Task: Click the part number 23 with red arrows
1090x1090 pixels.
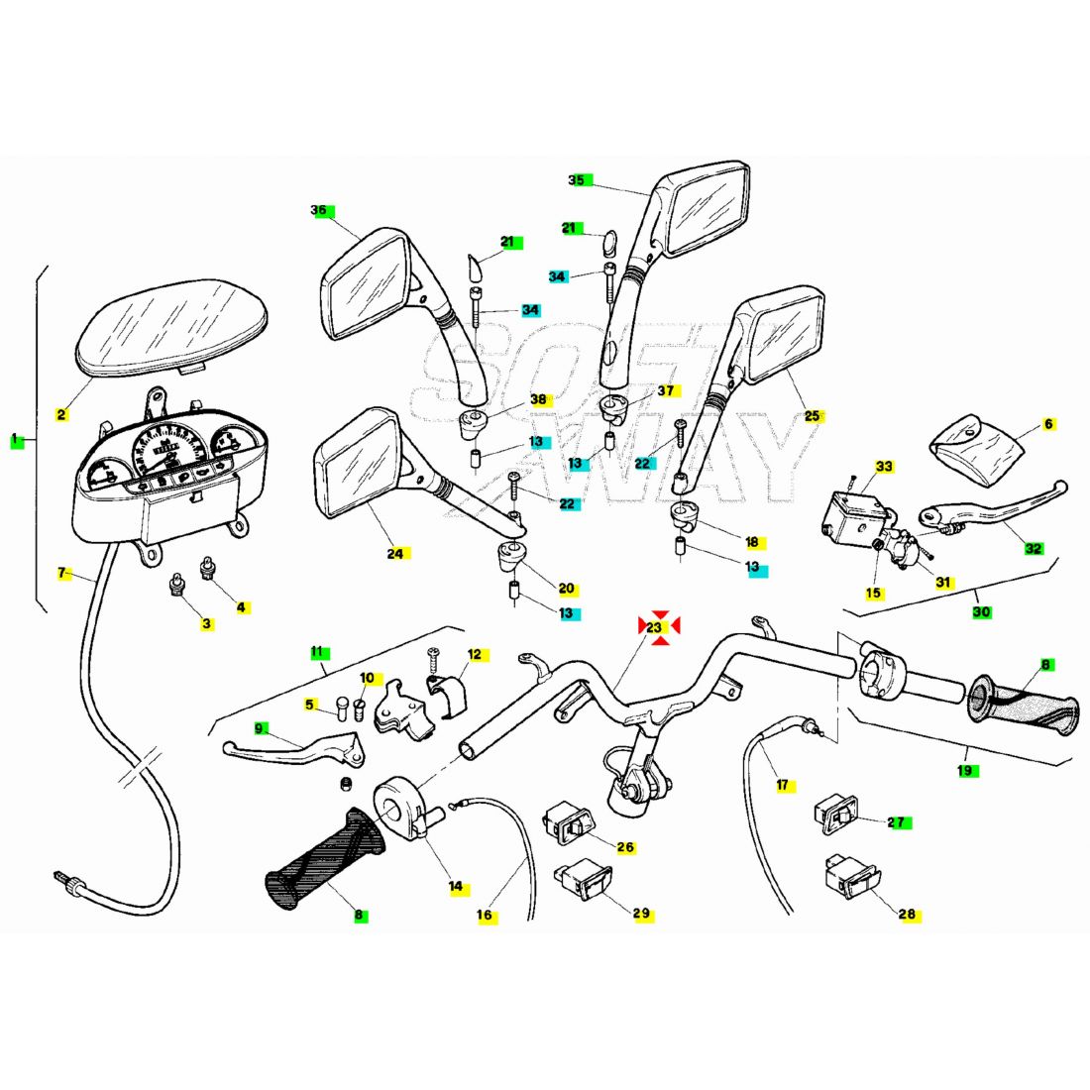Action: pyautogui.click(x=654, y=627)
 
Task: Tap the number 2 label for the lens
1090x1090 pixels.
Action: pyautogui.click(x=61, y=415)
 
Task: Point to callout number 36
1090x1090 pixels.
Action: pyautogui.click(x=319, y=210)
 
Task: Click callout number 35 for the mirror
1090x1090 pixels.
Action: pyautogui.click(x=577, y=180)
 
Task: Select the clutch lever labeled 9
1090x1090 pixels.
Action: pyautogui.click(x=294, y=751)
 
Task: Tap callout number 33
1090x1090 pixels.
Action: pyautogui.click(x=884, y=466)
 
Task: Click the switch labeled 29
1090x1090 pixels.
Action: pyautogui.click(x=584, y=882)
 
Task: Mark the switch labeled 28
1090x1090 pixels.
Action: pyautogui.click(x=852, y=875)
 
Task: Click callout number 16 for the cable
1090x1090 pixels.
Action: pyautogui.click(x=485, y=915)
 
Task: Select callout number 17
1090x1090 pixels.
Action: pyautogui.click(x=782, y=785)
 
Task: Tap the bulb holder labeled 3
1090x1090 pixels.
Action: pyautogui.click(x=176, y=585)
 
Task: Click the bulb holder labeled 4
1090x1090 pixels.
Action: pyautogui.click(x=207, y=568)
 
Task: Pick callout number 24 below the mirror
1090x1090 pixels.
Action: pyautogui.click(x=394, y=554)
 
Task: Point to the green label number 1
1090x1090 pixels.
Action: pyautogui.click(x=15, y=439)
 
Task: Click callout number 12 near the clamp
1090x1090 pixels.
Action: pyautogui.click(x=474, y=654)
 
